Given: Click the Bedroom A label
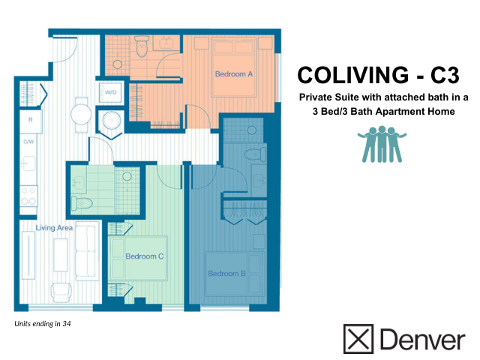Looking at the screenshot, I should pos(233,74).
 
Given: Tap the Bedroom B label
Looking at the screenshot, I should pos(226,274).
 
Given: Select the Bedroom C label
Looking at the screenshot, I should pos(145,256).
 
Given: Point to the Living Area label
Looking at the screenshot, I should pos(53,226).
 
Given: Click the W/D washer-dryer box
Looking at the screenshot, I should pos(110,93).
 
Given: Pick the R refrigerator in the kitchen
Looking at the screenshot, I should pos(30,120).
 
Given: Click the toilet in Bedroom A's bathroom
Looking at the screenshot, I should pos(141,48).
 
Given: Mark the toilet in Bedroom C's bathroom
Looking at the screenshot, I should pos(81,203).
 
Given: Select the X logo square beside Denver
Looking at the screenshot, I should pos(358,339).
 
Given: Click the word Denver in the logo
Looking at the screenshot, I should pos(422,339).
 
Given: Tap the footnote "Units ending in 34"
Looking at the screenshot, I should pos(43,325).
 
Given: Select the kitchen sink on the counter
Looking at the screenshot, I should pos(29,164).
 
